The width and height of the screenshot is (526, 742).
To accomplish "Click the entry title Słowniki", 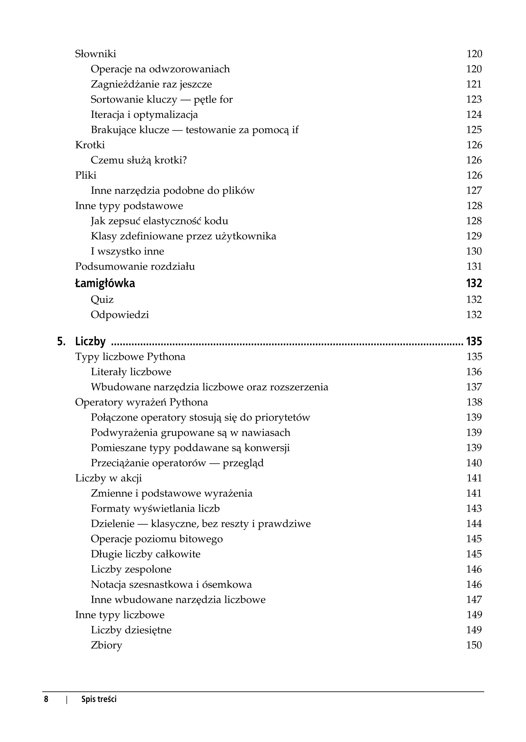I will tap(96, 54).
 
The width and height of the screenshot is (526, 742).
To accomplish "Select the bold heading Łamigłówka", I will tap(105, 283).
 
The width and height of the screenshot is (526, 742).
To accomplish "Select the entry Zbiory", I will tap(106, 645).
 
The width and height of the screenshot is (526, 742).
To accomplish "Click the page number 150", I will tap(474, 645).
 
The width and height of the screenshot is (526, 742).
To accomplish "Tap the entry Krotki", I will tap(90, 145).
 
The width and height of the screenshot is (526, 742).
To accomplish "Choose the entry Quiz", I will tap(102, 300).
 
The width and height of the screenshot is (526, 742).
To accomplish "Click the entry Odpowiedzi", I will tap(120, 315).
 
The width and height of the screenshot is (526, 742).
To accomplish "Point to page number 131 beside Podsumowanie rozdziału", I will tap(474, 267).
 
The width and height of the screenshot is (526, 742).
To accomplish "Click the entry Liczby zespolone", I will tap(131, 569).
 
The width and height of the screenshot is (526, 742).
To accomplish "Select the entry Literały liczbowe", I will tap(131, 372).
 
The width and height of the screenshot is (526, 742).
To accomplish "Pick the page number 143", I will tap(474, 508).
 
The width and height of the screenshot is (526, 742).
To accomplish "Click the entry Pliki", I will tap(86, 175).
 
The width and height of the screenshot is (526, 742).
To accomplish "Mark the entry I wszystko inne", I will tap(127, 252).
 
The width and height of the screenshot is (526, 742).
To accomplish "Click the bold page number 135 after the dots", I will tap(474, 341).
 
